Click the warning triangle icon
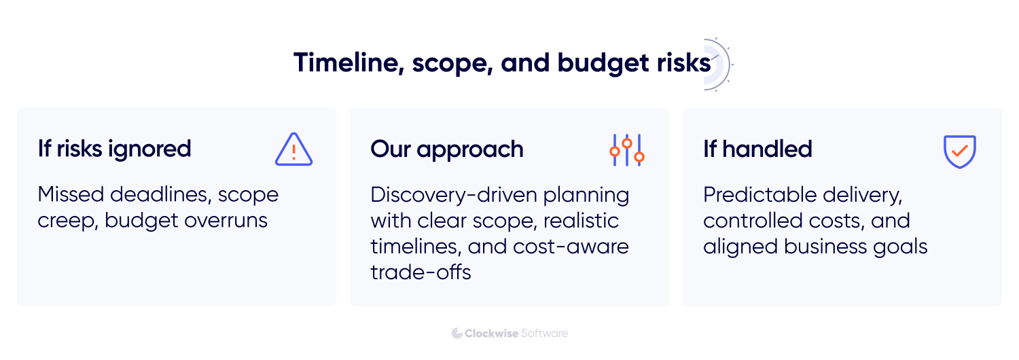click(x=293, y=149)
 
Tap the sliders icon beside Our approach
click(x=626, y=149)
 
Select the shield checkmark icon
click(x=959, y=151)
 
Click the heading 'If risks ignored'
click(x=114, y=149)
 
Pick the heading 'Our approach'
click(x=446, y=149)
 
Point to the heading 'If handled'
click(x=757, y=149)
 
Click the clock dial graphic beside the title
click(x=719, y=65)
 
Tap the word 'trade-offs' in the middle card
click(x=421, y=272)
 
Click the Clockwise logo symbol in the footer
click(x=457, y=333)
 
